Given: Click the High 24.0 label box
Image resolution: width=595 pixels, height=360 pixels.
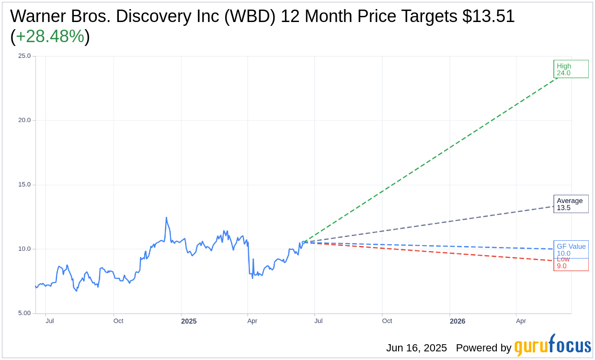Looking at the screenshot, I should point(571,69).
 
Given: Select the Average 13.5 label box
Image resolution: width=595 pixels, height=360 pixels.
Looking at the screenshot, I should point(571,204).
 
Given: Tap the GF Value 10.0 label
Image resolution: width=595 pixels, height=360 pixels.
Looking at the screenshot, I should point(571,249).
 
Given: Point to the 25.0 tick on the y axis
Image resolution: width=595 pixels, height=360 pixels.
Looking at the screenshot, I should point(24,56).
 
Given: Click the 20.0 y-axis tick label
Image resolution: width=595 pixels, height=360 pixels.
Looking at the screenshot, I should point(24,120).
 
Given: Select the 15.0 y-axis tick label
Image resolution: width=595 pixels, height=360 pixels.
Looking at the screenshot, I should point(24,185).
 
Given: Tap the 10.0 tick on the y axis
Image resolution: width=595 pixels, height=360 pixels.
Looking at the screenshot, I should point(24,249).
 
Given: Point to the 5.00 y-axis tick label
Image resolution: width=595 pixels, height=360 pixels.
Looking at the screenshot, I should point(24,313).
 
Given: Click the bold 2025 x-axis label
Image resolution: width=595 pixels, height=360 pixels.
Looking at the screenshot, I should point(189,321).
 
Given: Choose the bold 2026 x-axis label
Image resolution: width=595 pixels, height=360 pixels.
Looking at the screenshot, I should point(458,321).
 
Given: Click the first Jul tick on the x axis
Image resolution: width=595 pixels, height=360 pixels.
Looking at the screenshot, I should point(50,321).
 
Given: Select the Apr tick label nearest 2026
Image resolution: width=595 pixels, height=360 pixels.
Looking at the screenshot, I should point(521,321).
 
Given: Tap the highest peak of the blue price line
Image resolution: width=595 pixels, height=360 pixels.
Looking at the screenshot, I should point(166,218).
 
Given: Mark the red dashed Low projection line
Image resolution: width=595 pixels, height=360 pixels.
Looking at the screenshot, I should point(431,251).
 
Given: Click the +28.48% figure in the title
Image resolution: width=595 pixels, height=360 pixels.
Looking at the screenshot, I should point(50,36).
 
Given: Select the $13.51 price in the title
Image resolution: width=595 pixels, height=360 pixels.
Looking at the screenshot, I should point(488,16).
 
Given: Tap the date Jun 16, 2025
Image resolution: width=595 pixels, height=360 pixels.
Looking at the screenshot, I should point(416,348).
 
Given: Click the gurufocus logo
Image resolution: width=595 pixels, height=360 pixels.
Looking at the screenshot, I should point(552,346).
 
